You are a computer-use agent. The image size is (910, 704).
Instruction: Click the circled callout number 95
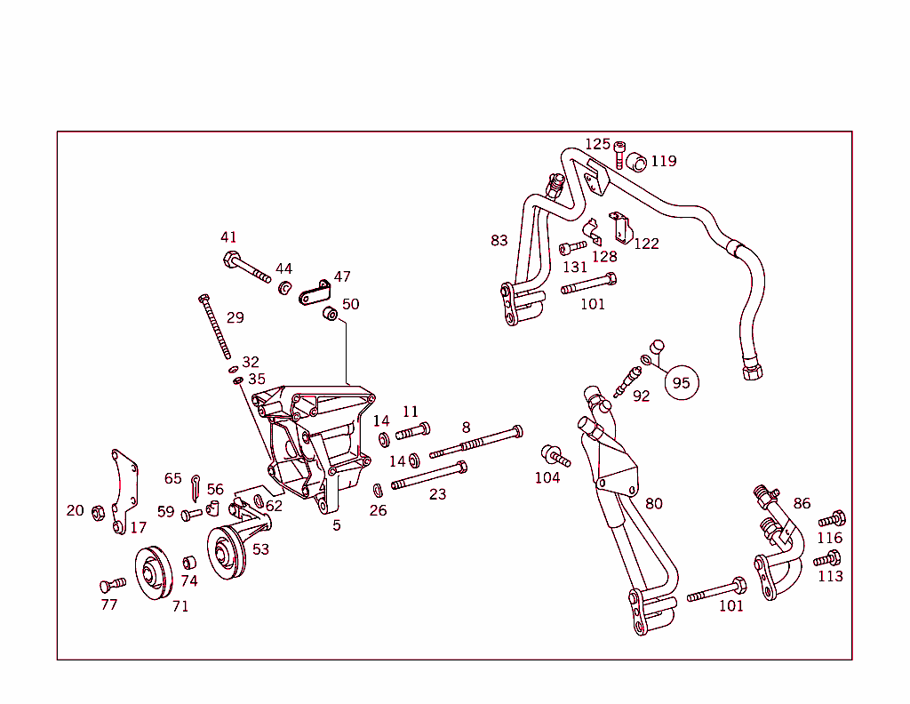(x=682, y=382)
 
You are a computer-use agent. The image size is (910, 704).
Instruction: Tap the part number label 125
(x=597, y=144)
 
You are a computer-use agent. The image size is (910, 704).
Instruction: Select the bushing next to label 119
(x=635, y=162)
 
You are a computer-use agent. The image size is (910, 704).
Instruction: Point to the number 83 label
(x=499, y=240)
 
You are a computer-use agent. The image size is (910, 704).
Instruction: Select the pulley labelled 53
(x=227, y=552)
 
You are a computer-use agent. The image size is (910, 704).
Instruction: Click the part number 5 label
(x=337, y=525)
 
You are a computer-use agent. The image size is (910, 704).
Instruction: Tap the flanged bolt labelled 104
(x=555, y=456)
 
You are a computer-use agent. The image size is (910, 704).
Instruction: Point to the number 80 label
(x=654, y=504)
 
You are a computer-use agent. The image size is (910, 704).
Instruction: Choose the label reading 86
(x=802, y=503)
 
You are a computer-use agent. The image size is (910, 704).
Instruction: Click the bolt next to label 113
(x=826, y=559)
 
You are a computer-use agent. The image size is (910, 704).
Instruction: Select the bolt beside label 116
(x=832, y=518)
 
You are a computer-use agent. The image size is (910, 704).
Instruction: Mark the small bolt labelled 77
(x=111, y=584)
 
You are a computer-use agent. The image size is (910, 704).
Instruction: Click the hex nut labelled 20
(x=100, y=512)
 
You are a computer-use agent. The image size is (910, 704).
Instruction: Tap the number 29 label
(x=235, y=317)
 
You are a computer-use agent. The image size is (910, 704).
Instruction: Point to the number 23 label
(x=437, y=494)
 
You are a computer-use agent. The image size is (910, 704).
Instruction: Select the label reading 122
(x=646, y=244)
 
